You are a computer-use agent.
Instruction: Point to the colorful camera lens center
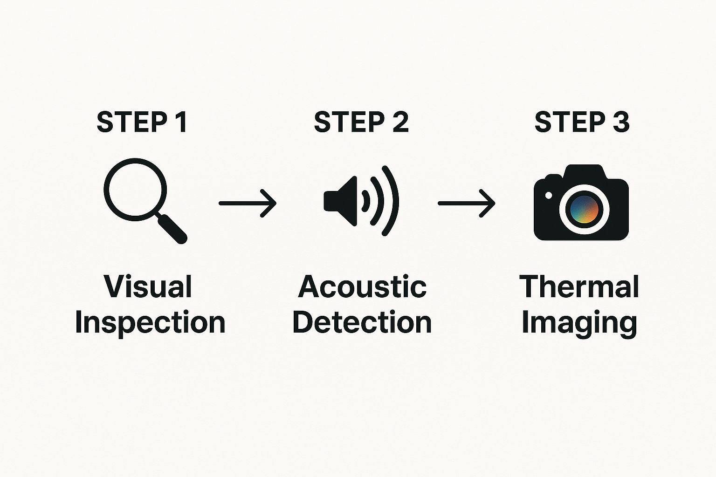pyautogui.click(x=584, y=209)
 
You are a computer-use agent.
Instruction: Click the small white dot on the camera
pyautogui.click(x=549, y=195)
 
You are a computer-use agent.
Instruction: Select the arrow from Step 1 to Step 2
pyautogui.click(x=248, y=203)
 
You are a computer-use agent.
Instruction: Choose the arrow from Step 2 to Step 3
pyautogui.click(x=467, y=203)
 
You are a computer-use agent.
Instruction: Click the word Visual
pyautogui.click(x=148, y=286)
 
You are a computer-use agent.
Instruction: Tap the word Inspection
pyautogui.click(x=150, y=322)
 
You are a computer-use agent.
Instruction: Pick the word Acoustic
pyautogui.click(x=362, y=286)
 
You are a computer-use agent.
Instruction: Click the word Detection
pyautogui.click(x=362, y=322)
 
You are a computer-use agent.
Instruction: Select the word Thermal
pyautogui.click(x=579, y=286)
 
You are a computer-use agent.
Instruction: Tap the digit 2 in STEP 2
pyautogui.click(x=400, y=122)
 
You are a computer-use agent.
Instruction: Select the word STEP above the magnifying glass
pyautogui.click(x=131, y=122)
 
